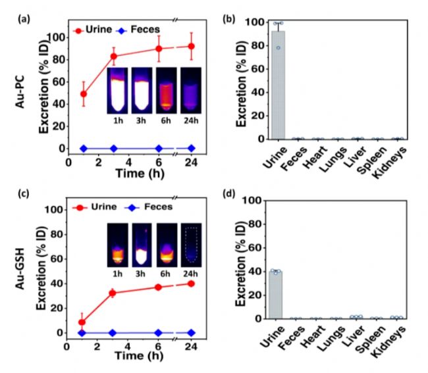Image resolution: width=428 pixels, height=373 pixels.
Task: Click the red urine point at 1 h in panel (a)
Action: tap(84, 93)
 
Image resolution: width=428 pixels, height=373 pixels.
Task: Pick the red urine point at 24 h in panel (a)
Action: tap(192, 46)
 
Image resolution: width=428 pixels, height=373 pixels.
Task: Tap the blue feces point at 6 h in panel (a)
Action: tap(159, 148)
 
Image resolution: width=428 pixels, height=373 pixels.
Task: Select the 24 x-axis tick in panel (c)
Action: tap(191, 346)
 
